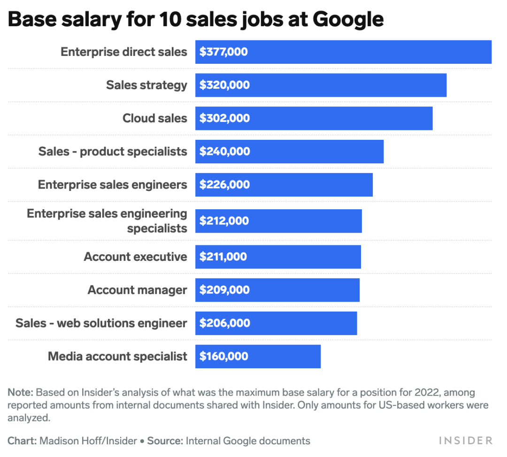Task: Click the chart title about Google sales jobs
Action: pyautogui.click(x=196, y=20)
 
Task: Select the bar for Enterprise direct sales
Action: pyautogui.click(x=343, y=52)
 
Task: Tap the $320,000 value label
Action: pyautogui.click(x=224, y=85)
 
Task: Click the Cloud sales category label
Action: pyautogui.click(x=154, y=118)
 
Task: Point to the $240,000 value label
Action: pyautogui.click(x=225, y=151)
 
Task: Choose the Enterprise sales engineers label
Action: pyautogui.click(x=113, y=185)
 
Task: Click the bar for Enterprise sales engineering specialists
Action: pyautogui.click(x=278, y=221)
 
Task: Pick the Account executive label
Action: pyautogui.click(x=136, y=257)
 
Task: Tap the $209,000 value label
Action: pyautogui.click(x=224, y=290)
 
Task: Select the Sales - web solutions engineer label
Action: pyautogui.click(x=101, y=323)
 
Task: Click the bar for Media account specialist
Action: pyautogui.click(x=258, y=357)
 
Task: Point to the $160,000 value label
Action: pyautogui.click(x=224, y=356)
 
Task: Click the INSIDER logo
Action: pyautogui.click(x=466, y=441)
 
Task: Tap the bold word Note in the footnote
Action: pyautogui.click(x=20, y=392)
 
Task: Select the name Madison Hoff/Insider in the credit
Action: pyautogui.click(x=88, y=441)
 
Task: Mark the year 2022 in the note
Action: pyautogui.click(x=427, y=392)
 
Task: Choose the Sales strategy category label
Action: pyautogui.click(x=146, y=85)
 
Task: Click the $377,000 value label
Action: pyautogui.click(x=223, y=52)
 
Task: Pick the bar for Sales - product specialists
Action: pyautogui.click(x=289, y=152)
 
